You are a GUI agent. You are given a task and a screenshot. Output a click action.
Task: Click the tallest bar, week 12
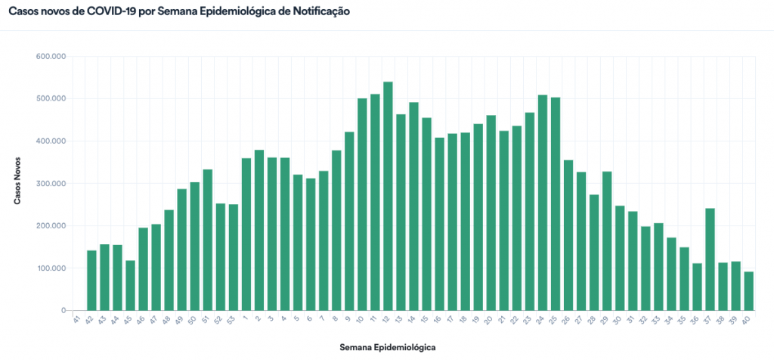coord(388,197)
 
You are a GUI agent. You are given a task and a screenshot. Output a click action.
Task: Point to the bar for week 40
coord(748,291)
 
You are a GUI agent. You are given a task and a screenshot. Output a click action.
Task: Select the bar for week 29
coord(606,241)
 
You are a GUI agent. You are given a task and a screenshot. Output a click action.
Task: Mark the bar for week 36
coord(697,287)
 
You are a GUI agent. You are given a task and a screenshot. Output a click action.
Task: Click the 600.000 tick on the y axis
coord(51,57)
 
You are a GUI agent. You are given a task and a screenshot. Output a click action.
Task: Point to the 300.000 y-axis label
coord(51,184)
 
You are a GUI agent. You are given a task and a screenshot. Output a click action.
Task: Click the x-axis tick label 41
coord(76,321)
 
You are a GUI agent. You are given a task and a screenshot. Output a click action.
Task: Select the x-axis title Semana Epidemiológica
coord(388,347)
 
